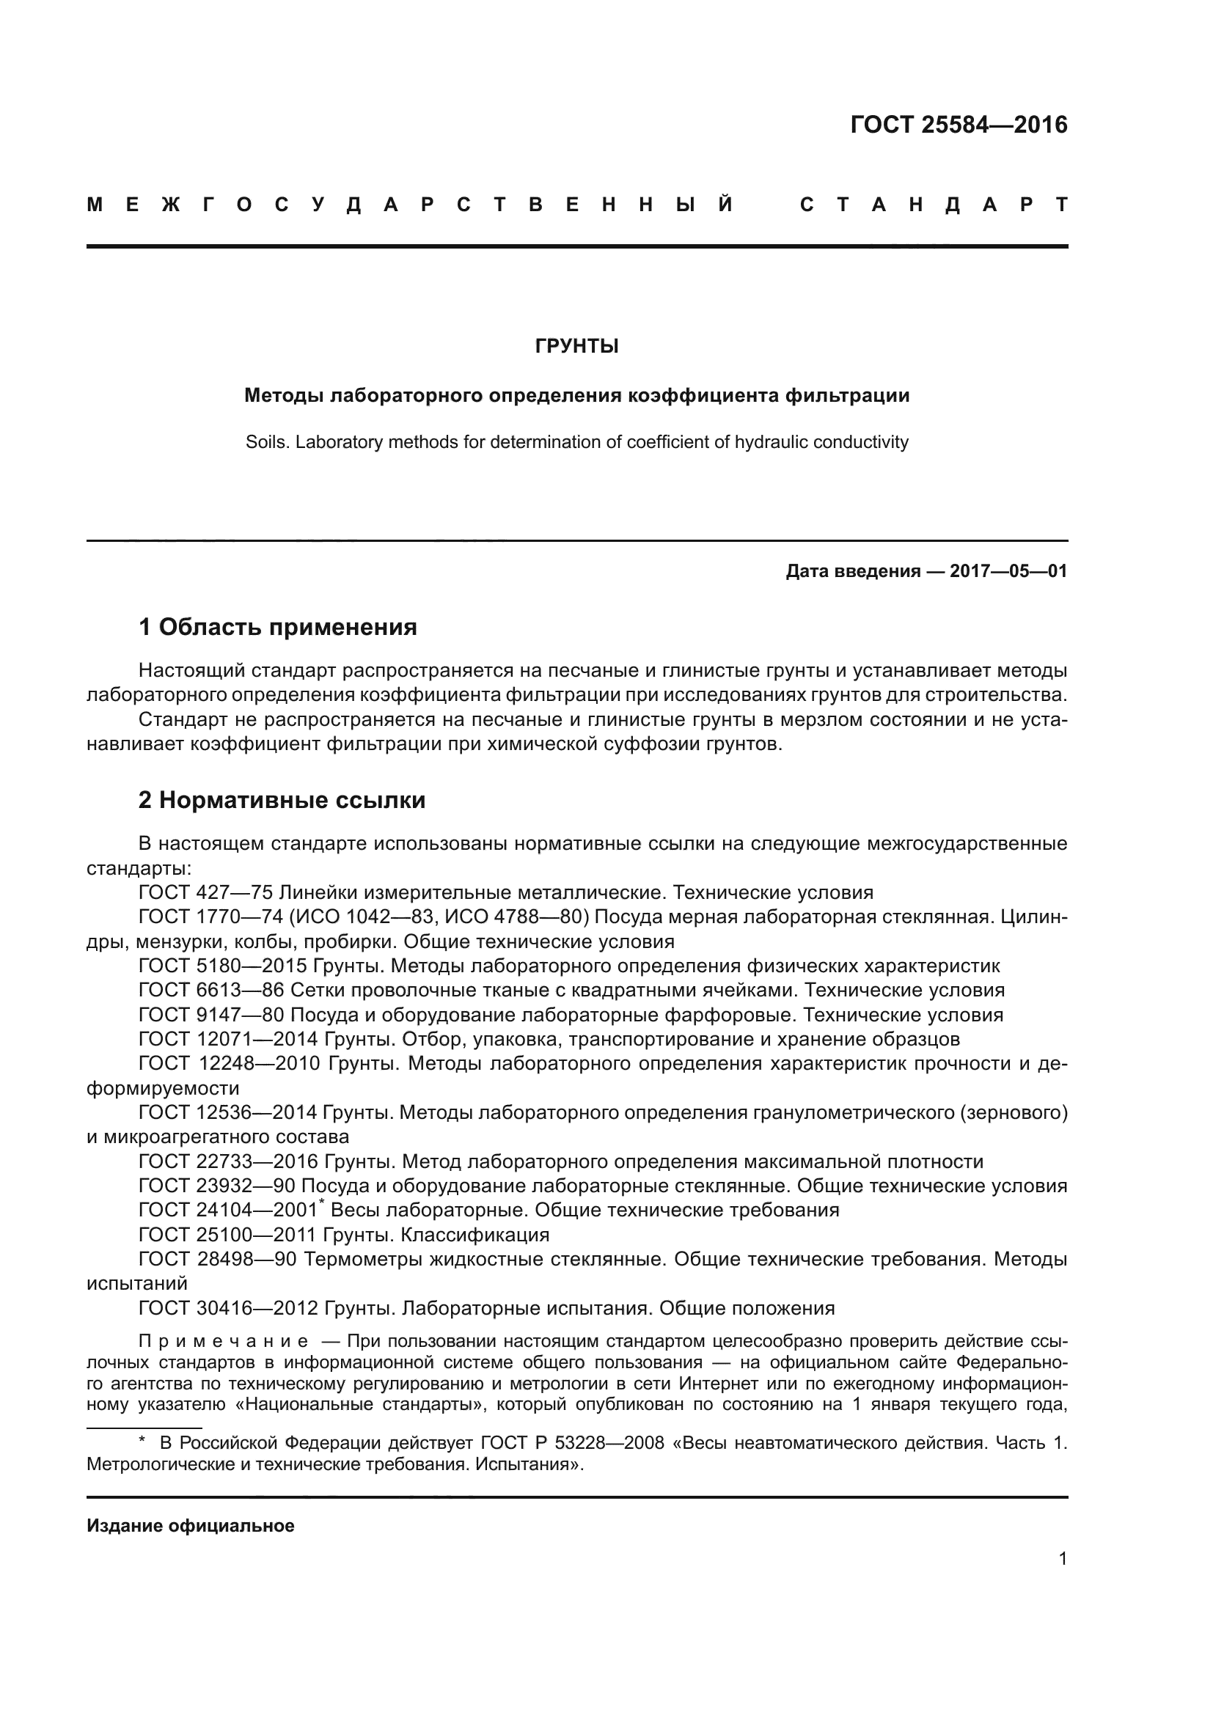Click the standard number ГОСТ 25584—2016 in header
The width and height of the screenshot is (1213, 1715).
(x=959, y=125)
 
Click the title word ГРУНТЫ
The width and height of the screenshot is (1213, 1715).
(x=576, y=347)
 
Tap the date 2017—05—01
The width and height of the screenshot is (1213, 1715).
(x=1008, y=572)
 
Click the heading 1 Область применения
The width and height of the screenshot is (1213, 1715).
(x=277, y=628)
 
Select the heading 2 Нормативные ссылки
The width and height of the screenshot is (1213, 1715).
(x=282, y=801)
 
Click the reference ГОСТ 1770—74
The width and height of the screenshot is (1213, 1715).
(x=210, y=917)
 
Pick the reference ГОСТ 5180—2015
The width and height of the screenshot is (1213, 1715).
(x=221, y=966)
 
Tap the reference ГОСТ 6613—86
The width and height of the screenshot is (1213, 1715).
(x=210, y=991)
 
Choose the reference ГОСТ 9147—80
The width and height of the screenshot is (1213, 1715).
(x=210, y=1015)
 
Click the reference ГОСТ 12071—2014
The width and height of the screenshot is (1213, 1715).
(x=227, y=1039)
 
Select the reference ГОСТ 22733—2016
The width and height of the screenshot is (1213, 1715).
(x=227, y=1161)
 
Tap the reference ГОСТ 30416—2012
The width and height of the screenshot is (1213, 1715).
(x=227, y=1308)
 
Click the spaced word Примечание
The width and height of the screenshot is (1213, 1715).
(x=224, y=1342)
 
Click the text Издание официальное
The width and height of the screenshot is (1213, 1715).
(x=191, y=1526)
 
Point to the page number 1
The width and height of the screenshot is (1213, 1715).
(x=1062, y=1559)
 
